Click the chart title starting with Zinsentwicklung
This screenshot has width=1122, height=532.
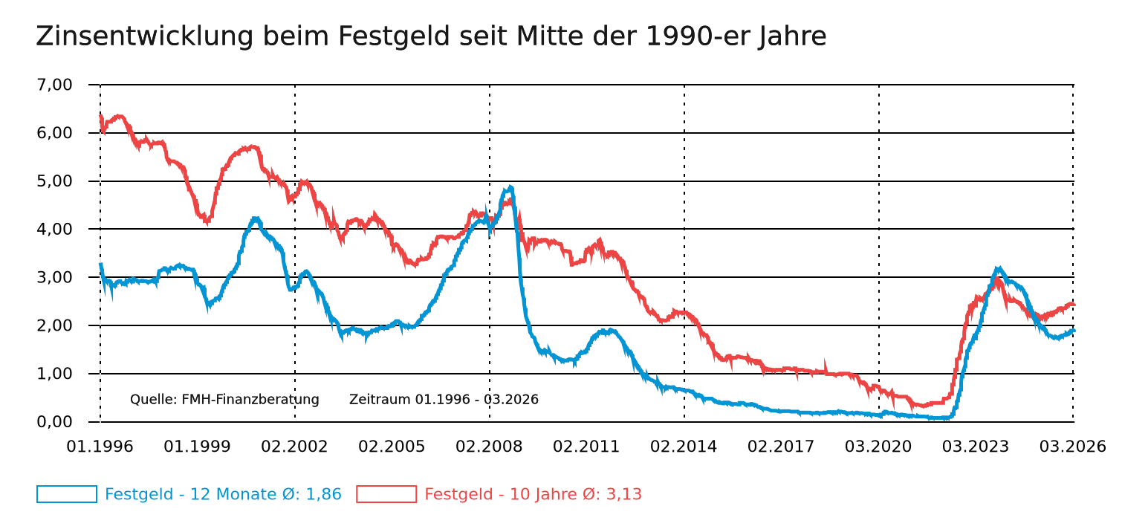[431, 36]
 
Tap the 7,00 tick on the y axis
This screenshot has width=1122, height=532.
[54, 85]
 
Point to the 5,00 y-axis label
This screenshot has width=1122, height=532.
[54, 181]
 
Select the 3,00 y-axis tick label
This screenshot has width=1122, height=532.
[54, 277]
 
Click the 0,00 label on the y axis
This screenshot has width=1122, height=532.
[54, 422]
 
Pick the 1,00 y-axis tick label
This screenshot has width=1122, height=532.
[54, 374]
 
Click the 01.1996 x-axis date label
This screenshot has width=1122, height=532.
[100, 447]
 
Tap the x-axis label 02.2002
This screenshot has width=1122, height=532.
[294, 447]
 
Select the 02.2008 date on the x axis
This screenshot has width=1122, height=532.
[489, 447]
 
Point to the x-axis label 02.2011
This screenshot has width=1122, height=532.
[586, 447]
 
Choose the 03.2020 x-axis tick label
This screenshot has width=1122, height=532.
[878, 447]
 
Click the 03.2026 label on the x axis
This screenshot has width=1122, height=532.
[1072, 447]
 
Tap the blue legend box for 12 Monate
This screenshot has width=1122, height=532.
[67, 494]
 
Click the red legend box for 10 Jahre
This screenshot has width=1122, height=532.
[386, 494]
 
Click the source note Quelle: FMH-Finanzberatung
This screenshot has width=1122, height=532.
[224, 400]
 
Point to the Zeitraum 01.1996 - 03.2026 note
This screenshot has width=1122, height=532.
[444, 400]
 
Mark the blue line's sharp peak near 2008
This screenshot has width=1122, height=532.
[510, 187]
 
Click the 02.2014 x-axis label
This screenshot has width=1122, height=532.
[684, 447]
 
